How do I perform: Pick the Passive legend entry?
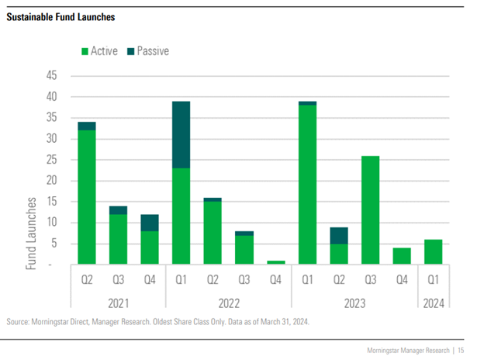click(152, 51)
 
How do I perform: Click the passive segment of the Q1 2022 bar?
click(181, 135)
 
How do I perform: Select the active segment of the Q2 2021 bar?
click(86, 197)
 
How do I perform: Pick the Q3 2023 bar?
click(371, 210)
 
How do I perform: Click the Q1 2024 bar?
click(434, 252)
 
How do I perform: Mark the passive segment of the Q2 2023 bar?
click(340, 235)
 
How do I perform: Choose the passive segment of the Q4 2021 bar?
click(149, 223)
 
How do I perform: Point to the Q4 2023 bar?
click(403, 256)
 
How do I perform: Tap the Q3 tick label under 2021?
click(117, 278)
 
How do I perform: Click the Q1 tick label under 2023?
click(308, 278)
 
